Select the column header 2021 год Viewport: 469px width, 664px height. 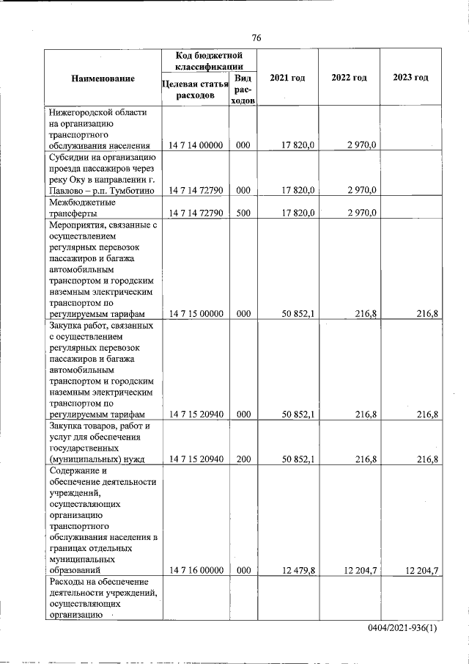click(x=287, y=78)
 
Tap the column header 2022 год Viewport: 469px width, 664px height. click(x=349, y=78)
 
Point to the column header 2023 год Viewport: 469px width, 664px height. click(x=410, y=78)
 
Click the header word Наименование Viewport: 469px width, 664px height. click(x=103, y=78)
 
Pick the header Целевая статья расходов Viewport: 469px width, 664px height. click(x=194, y=90)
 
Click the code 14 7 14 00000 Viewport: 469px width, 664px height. click(x=195, y=145)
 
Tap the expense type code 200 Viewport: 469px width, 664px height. click(x=243, y=459)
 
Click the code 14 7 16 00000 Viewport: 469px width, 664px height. click(x=195, y=569)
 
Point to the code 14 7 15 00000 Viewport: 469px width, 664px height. click(x=195, y=314)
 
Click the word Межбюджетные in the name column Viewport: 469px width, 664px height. click(x=78, y=202)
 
